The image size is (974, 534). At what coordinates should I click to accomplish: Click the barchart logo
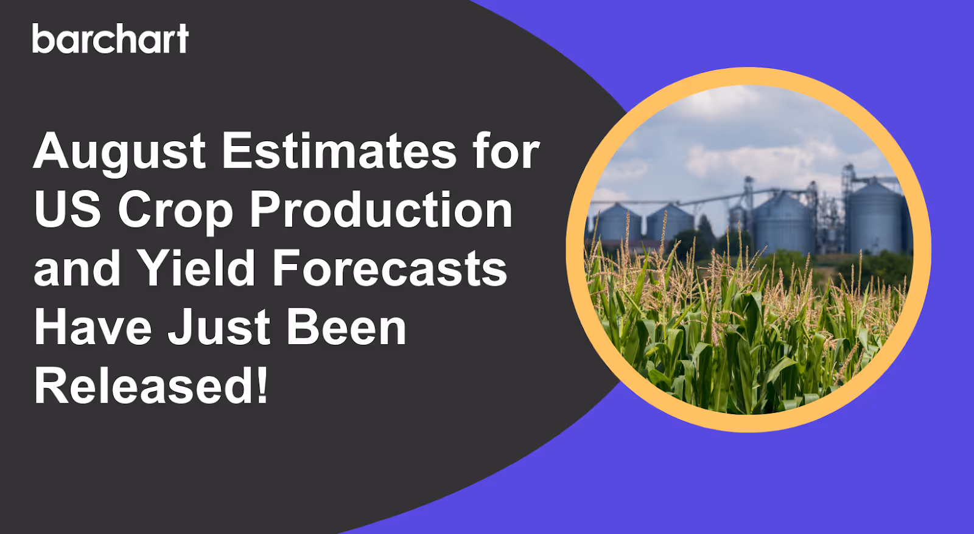point(110,39)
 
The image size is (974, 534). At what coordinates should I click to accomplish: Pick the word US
point(67,209)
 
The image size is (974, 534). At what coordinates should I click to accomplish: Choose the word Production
point(381,209)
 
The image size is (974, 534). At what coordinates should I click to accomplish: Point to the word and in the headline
point(77,268)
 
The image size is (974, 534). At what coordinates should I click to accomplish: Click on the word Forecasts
point(390,268)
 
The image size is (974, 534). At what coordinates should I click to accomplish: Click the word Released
point(142,386)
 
